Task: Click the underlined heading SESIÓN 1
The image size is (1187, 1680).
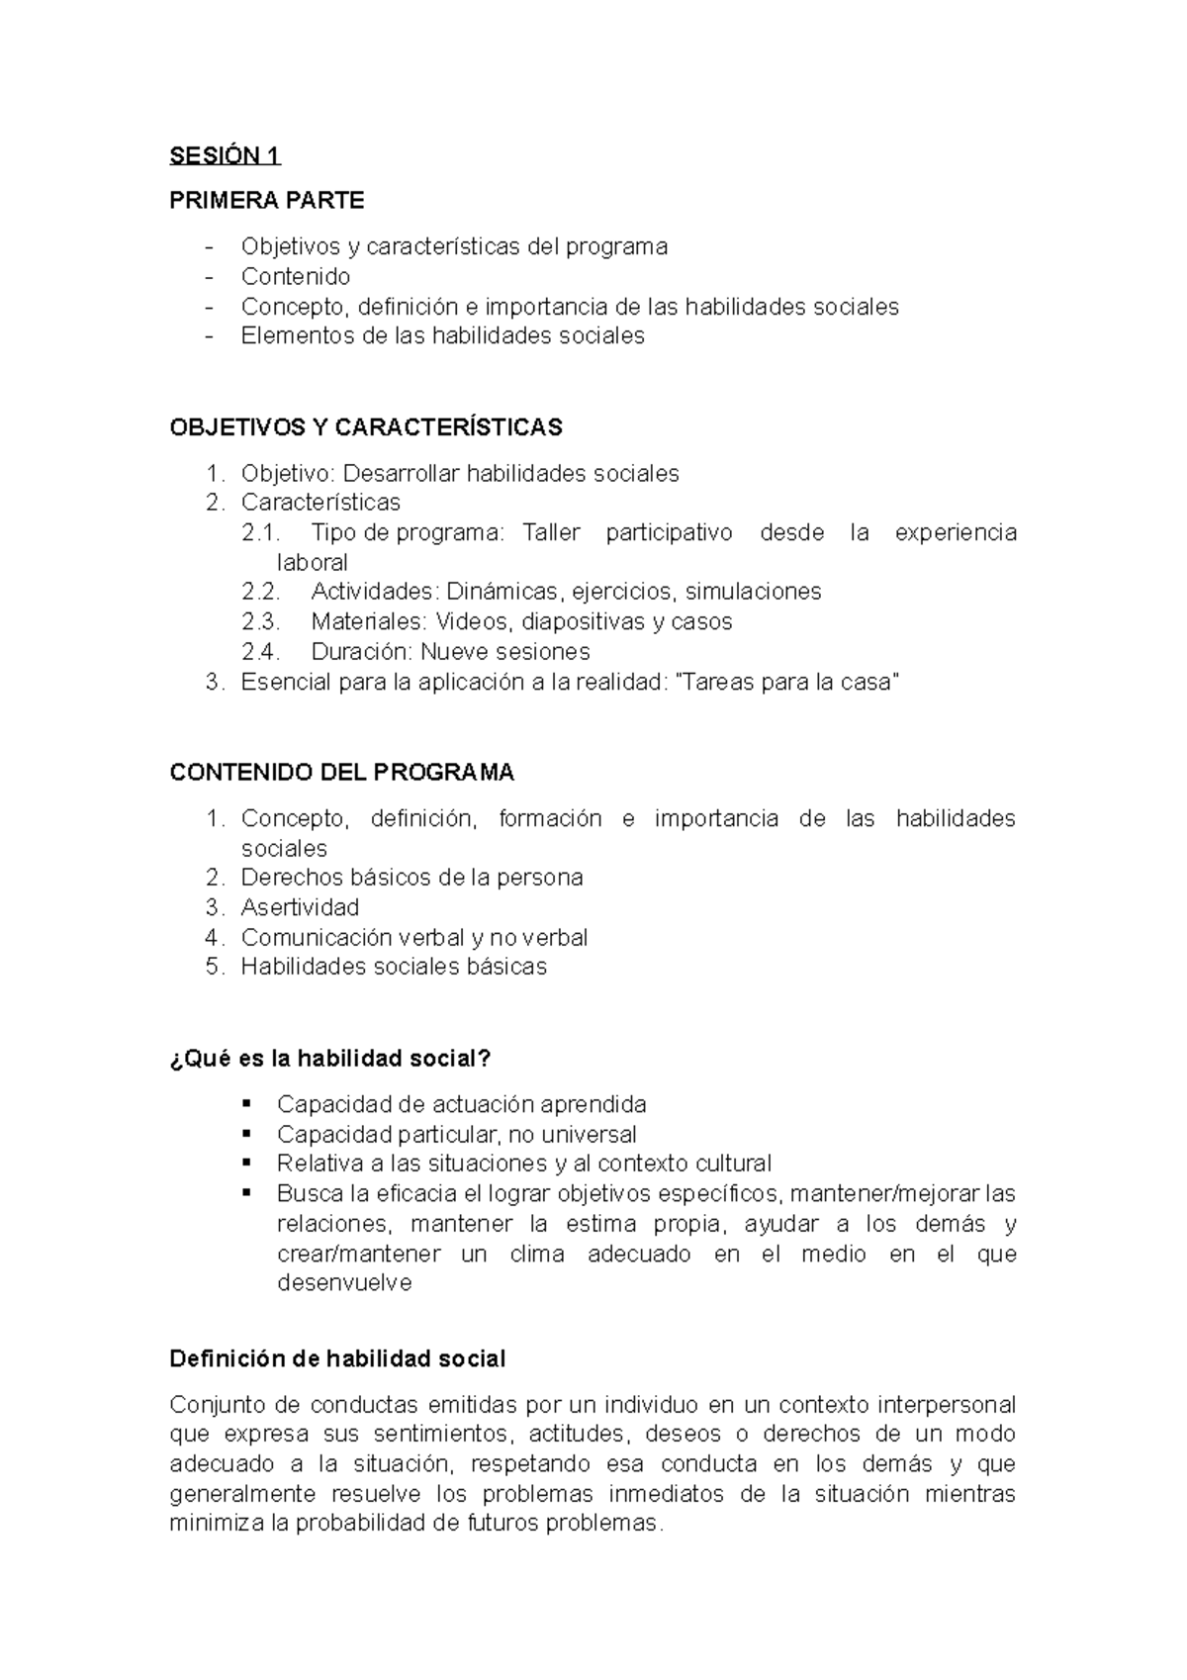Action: (226, 155)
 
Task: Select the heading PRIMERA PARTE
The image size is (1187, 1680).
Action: (267, 201)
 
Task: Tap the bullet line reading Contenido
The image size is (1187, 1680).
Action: (295, 276)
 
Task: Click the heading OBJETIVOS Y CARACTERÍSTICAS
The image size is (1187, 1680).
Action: (366, 427)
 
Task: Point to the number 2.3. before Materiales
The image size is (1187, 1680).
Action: (261, 622)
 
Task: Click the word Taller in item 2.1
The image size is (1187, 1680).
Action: (551, 533)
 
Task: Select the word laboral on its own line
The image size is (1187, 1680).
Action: (313, 563)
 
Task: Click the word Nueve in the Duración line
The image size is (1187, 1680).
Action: (451, 652)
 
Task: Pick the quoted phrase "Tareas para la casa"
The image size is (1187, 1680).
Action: (786, 683)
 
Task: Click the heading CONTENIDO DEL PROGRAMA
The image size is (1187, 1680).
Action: (342, 773)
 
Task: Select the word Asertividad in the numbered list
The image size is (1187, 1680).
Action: (300, 907)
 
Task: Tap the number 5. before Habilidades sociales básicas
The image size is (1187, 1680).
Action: (216, 967)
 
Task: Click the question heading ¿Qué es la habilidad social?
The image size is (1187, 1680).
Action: (330, 1059)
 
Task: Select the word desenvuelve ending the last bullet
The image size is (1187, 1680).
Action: (344, 1283)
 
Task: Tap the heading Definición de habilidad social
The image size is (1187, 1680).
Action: (337, 1359)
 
